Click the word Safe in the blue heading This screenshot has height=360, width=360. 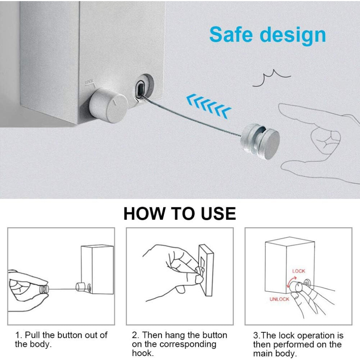click(231, 35)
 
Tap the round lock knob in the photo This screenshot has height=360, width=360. click(109, 105)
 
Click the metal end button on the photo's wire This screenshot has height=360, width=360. click(260, 141)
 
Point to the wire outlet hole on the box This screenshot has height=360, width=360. click(140, 89)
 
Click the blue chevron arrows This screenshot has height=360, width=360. click(208, 106)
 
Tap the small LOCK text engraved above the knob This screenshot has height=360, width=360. click(90, 82)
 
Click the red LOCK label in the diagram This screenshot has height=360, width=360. click(299, 271)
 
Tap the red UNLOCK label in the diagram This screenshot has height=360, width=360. click(279, 299)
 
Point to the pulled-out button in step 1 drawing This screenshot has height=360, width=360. click(44, 289)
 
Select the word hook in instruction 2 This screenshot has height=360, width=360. click(143, 353)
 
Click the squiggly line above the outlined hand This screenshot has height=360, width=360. click(272, 78)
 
